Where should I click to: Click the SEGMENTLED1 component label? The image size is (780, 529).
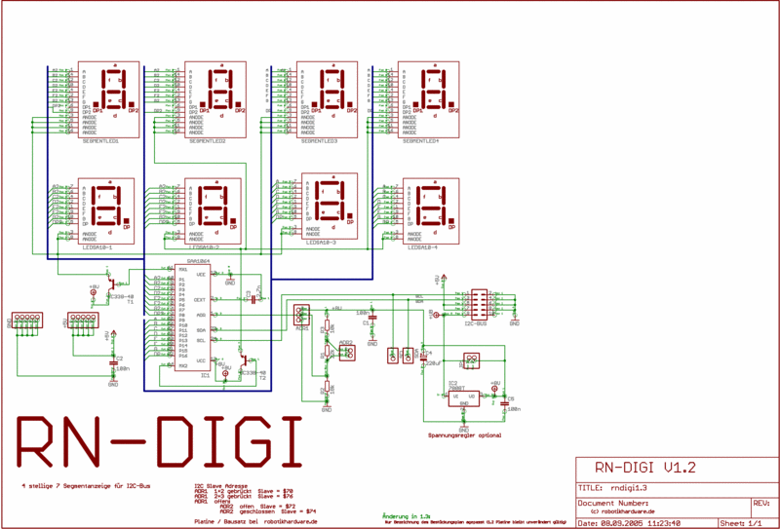100,141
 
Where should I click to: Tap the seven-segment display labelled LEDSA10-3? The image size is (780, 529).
331,207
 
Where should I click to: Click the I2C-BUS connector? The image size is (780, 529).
480,306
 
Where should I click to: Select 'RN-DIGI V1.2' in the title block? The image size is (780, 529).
644,468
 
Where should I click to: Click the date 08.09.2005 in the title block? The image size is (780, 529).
630,523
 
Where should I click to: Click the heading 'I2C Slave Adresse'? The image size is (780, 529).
219,483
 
